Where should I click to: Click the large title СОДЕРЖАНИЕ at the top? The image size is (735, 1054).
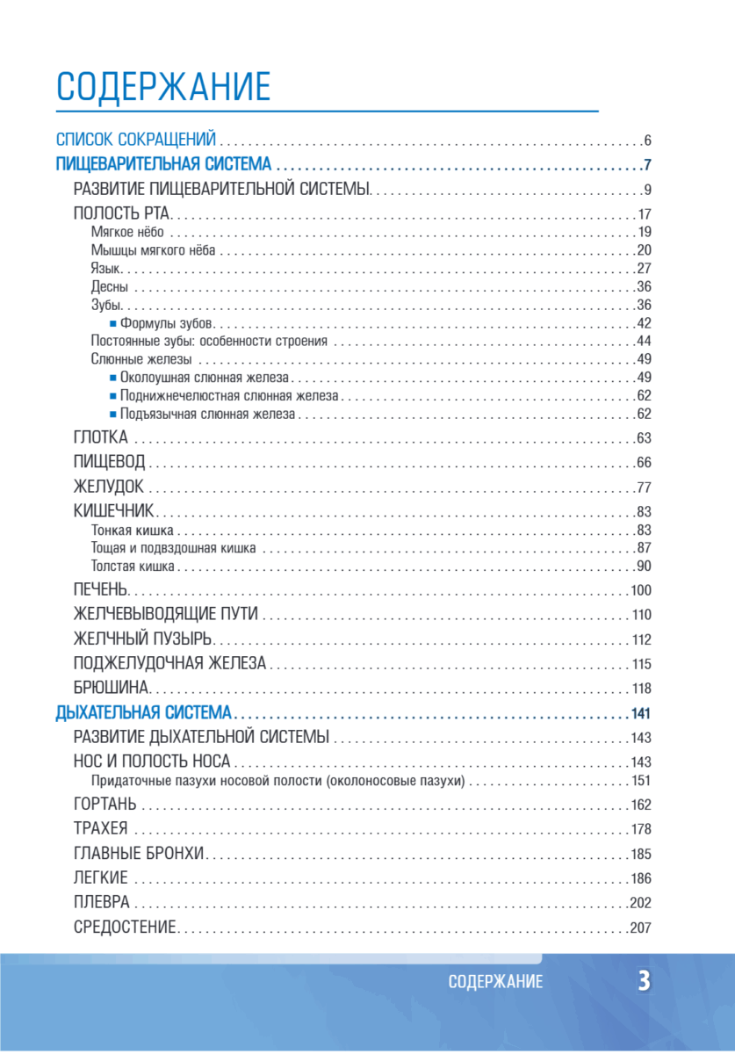click(x=163, y=88)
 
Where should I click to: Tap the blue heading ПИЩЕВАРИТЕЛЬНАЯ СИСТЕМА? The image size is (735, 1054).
click(x=162, y=164)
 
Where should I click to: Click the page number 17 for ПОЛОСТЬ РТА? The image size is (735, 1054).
click(x=643, y=214)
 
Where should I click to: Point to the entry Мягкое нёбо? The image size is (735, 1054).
click(x=127, y=233)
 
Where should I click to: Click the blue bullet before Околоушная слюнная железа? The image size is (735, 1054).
click(x=113, y=378)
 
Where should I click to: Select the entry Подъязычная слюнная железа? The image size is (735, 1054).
click(x=208, y=414)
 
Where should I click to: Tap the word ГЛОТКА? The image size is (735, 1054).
click(x=101, y=437)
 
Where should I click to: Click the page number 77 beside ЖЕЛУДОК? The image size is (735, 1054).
click(x=643, y=487)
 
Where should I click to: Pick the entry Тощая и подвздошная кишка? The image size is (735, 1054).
click(x=174, y=548)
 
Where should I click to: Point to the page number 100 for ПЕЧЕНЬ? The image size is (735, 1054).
click(x=640, y=589)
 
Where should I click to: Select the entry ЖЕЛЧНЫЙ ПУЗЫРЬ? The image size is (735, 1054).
click(x=143, y=639)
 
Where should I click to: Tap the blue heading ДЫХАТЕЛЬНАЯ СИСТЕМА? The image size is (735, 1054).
click(x=143, y=712)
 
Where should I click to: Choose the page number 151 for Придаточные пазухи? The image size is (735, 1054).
click(x=640, y=780)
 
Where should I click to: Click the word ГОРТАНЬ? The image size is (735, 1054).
click(x=105, y=804)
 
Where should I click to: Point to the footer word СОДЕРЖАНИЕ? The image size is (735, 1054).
click(x=495, y=983)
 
